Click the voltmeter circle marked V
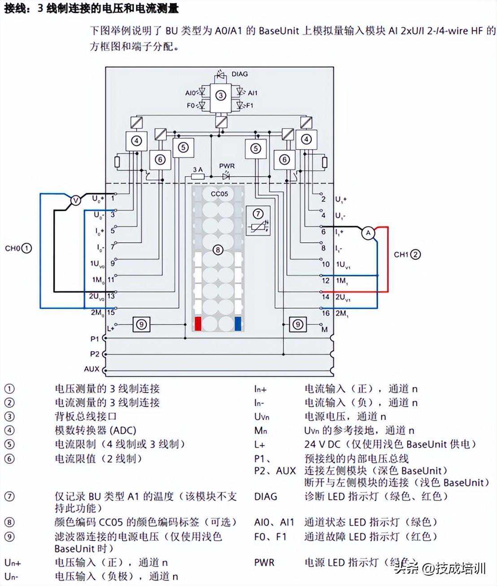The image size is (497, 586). pyautogui.click(x=76, y=200)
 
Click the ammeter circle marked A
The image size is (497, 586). pyautogui.click(x=368, y=233)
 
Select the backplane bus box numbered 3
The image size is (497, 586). pyautogui.click(x=220, y=95)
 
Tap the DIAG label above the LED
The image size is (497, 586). pyautogui.click(x=240, y=74)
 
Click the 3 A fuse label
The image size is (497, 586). pyautogui.click(x=197, y=169)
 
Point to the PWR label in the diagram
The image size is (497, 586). pyautogui.click(x=227, y=166)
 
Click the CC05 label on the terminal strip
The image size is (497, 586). pyautogui.click(x=219, y=194)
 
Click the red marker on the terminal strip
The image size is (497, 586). pyautogui.click(x=198, y=324)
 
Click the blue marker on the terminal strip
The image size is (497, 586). pyautogui.click(x=238, y=324)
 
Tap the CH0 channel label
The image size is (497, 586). pyautogui.click(x=12, y=248)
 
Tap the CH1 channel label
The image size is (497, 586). pyautogui.click(x=401, y=254)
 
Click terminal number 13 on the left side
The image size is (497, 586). pyautogui.click(x=111, y=296)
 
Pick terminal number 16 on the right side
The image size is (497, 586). pyautogui.click(x=326, y=313)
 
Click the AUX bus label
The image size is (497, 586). pyautogui.click(x=92, y=369)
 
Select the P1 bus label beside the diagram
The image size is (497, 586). pyautogui.click(x=94, y=339)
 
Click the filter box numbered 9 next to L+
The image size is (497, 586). pyautogui.click(x=141, y=324)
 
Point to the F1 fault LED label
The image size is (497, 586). pyautogui.click(x=249, y=105)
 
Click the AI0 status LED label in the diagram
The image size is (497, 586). pyautogui.click(x=190, y=93)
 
